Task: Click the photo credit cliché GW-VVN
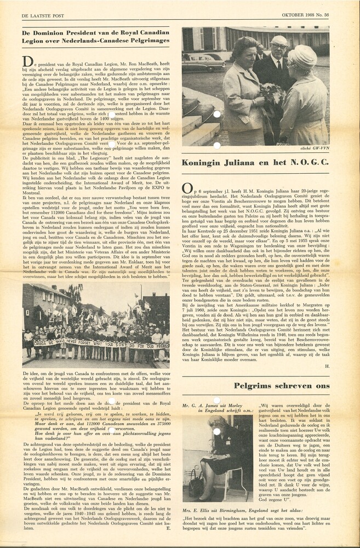click(x=316, y=149)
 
